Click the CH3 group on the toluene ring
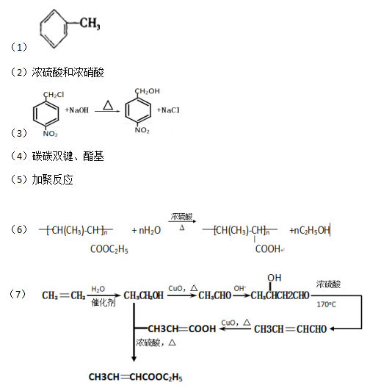[90, 24]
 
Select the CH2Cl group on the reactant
[54, 95]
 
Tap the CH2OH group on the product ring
[147, 91]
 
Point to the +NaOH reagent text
[76, 110]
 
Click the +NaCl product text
[168, 110]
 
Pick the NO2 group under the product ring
[142, 130]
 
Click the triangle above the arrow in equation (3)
[108, 105]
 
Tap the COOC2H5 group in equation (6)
[109, 249]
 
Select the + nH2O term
[146, 230]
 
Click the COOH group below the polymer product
[268, 248]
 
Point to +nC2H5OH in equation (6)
[310, 230]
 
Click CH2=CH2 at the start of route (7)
[64, 295]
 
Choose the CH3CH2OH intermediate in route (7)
[143, 295]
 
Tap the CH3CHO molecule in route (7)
[215, 295]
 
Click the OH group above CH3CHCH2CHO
[275, 278]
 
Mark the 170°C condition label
[326, 304]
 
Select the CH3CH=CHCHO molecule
[291, 329]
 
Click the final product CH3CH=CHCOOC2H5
[136, 377]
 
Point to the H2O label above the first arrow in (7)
[98, 289]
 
